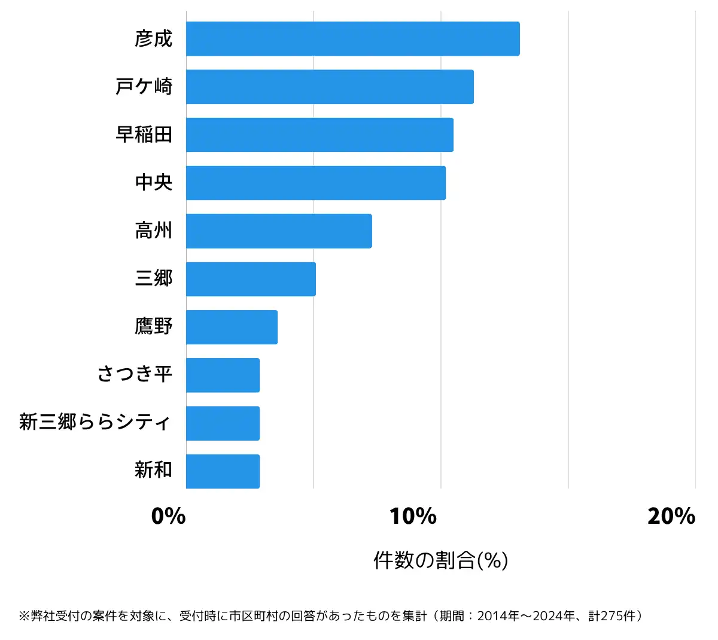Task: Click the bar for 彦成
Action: pos(352,39)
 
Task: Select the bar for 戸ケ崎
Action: pos(330,87)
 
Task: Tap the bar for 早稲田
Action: pos(320,135)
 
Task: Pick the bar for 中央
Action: pos(316,183)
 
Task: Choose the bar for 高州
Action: pos(279,231)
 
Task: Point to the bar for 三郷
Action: pos(251,279)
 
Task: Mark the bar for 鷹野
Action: pos(232,327)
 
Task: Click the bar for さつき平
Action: pos(223,375)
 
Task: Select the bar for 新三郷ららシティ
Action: pos(223,423)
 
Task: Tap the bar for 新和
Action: pos(223,471)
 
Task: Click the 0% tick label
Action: pos(168,516)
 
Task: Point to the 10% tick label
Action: pos(413,516)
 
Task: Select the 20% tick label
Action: pos(671,516)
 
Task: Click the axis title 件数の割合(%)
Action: pos(440,560)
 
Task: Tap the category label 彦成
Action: pos(154,39)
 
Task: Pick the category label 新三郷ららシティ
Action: pos(95,422)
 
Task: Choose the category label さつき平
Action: pos(135,374)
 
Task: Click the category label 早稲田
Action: pos(144,135)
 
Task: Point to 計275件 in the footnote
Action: pos(611,616)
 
